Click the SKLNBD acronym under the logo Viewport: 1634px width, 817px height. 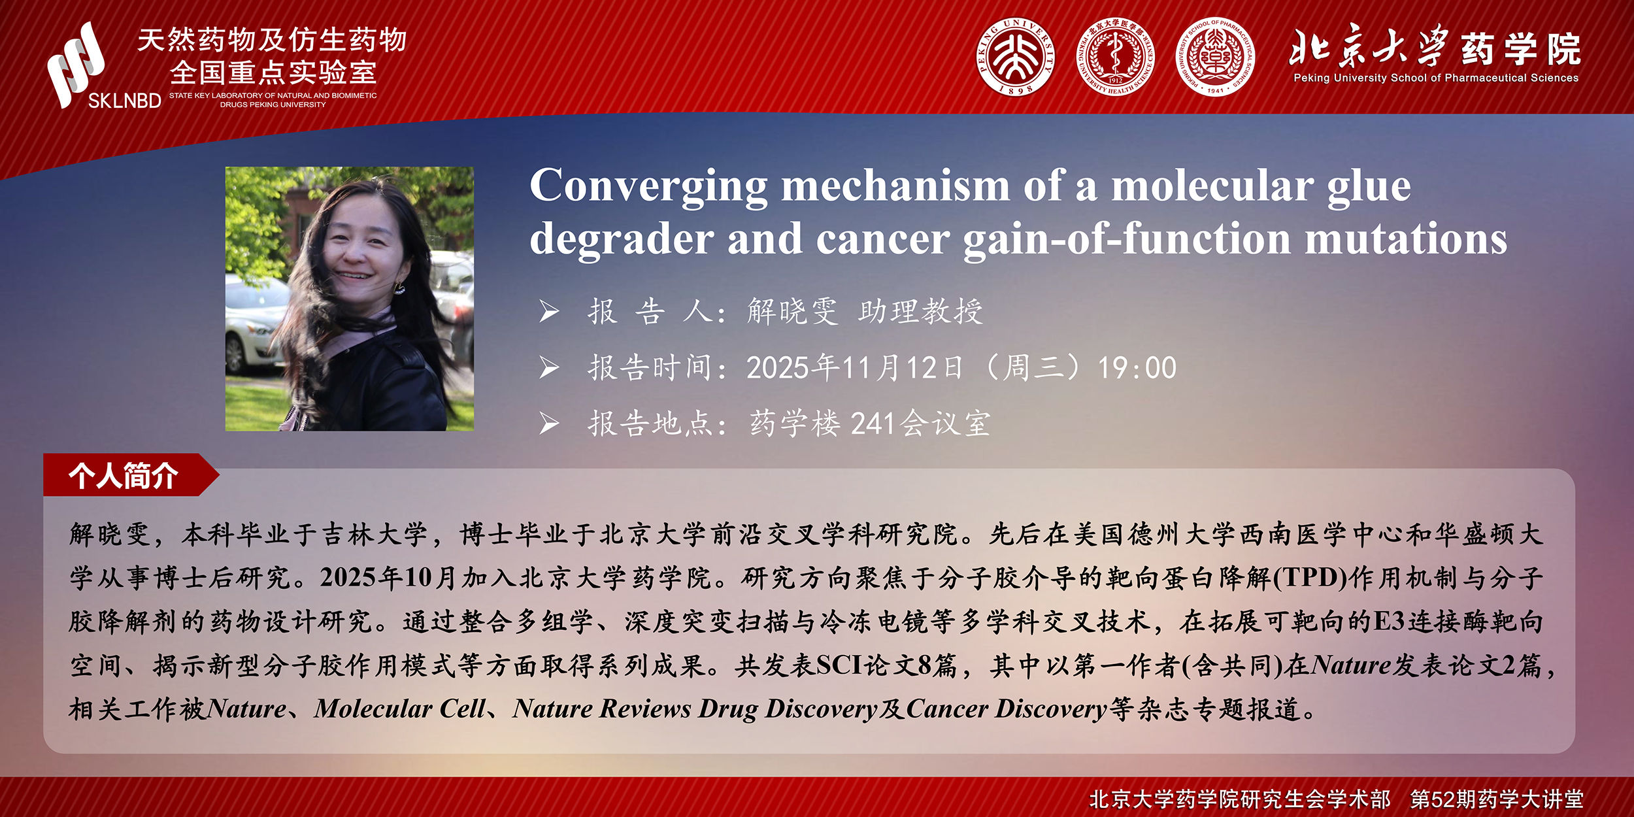point(125,101)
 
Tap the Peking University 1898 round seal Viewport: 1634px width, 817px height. point(1016,57)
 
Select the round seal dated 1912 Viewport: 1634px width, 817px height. point(1116,57)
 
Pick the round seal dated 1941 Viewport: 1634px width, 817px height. point(1214,57)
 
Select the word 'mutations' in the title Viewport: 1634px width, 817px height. point(1406,239)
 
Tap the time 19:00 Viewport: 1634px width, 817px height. point(1137,368)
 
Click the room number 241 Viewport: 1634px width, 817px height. point(873,424)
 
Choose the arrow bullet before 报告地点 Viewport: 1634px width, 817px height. point(549,424)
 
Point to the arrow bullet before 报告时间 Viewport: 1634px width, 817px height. point(549,368)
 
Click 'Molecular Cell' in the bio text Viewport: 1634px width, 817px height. point(400,709)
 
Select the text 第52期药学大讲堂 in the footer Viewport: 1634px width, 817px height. point(1497,799)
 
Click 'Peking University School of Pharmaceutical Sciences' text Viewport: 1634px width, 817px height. point(1436,78)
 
